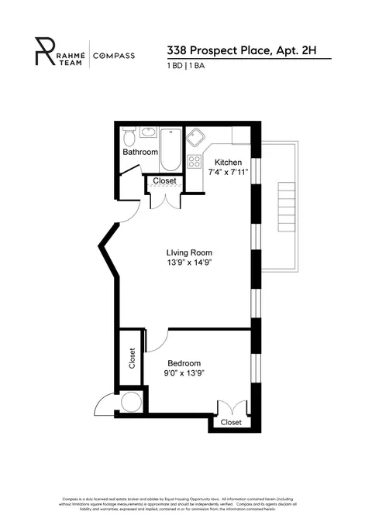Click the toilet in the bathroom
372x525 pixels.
131,138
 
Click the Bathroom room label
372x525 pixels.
140,153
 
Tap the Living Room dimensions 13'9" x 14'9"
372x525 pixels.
188,263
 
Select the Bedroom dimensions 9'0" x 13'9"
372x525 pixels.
184,373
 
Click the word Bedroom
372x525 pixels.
184,363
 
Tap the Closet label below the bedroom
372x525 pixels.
231,423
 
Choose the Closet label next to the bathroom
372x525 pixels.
164,181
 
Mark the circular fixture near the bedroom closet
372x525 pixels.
131,402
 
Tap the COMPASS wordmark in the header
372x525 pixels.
113,56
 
